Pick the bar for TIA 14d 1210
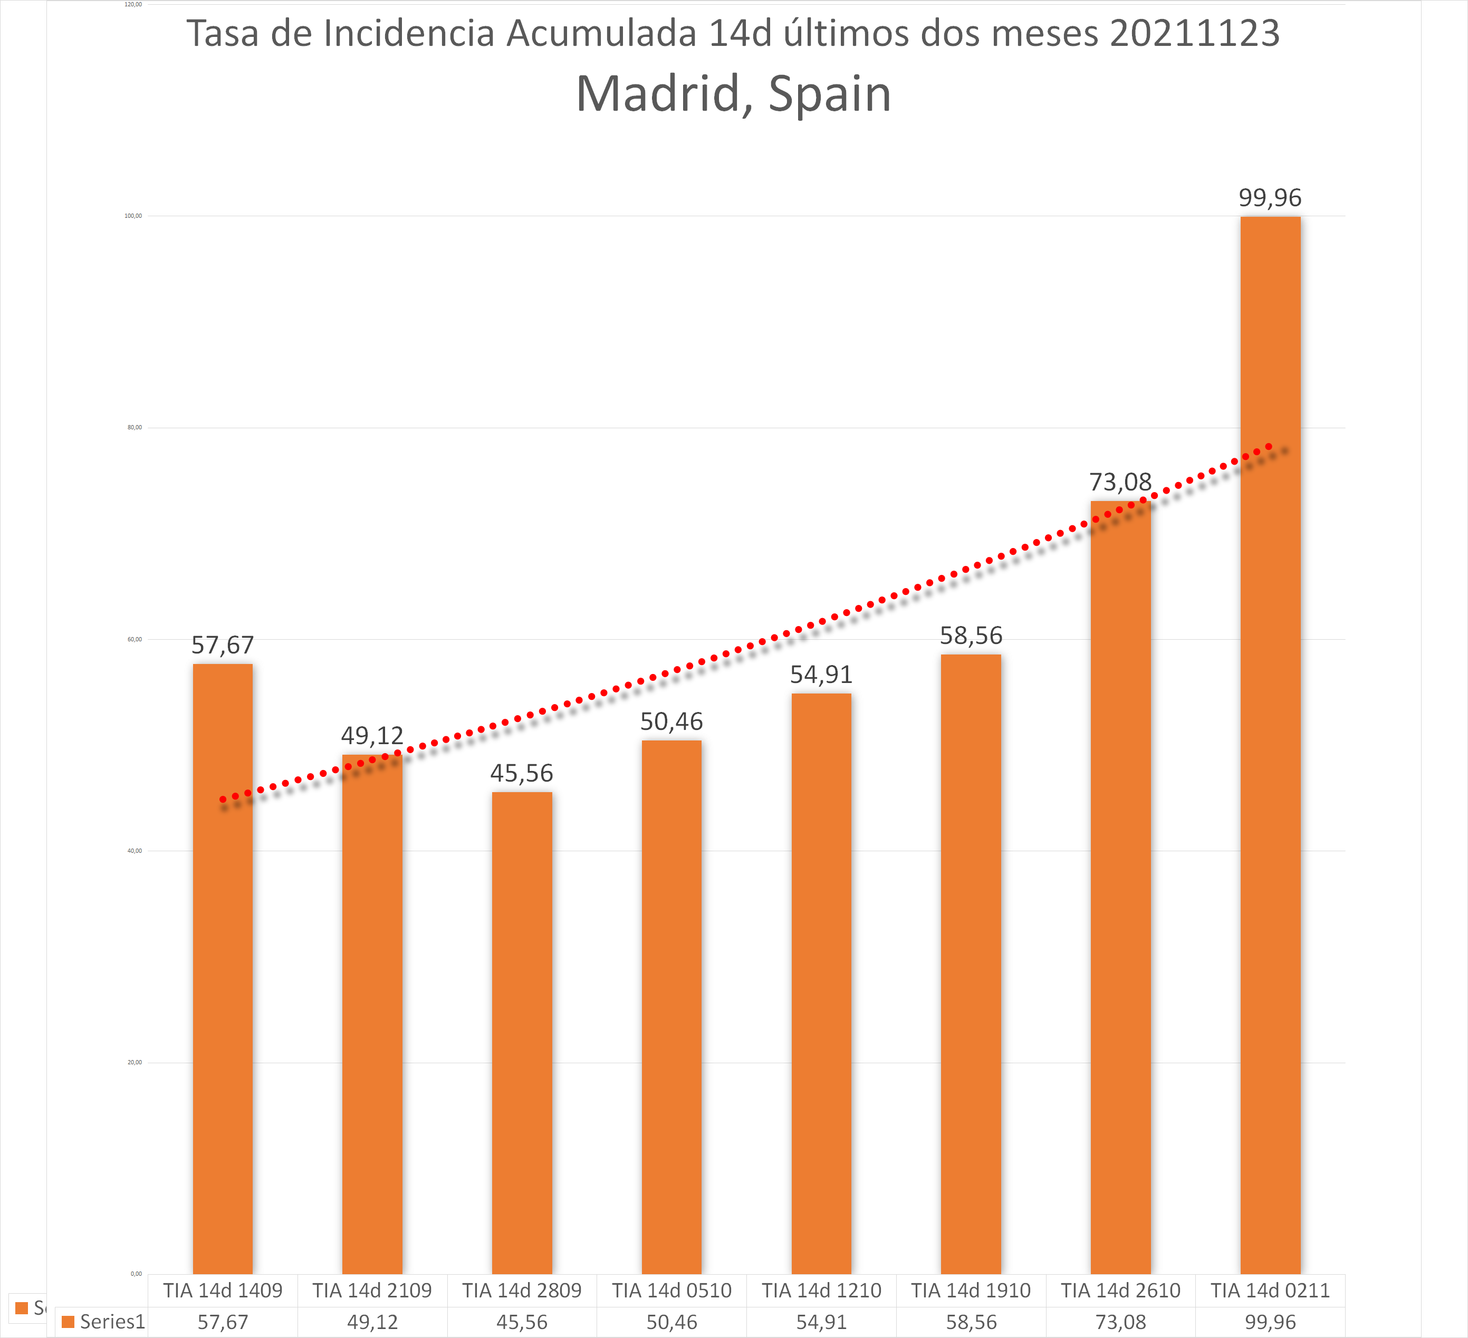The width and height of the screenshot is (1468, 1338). click(x=821, y=983)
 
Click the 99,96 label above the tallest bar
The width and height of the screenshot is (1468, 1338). click(x=1270, y=198)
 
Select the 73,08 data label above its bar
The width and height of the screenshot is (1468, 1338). click(x=1120, y=482)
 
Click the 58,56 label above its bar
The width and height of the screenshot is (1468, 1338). click(x=971, y=636)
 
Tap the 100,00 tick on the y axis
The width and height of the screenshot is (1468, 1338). click(x=133, y=216)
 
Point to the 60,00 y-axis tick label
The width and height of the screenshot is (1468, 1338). click(x=135, y=640)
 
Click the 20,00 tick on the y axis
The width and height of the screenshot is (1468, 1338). click(x=135, y=1063)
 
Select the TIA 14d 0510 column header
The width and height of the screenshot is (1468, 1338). click(x=671, y=1291)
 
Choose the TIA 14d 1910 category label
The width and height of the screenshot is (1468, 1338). click(x=971, y=1291)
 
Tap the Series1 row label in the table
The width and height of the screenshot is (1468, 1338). click(x=112, y=1321)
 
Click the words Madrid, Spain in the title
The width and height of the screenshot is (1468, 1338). click(x=733, y=94)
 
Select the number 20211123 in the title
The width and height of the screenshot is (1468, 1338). click(x=1194, y=33)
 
